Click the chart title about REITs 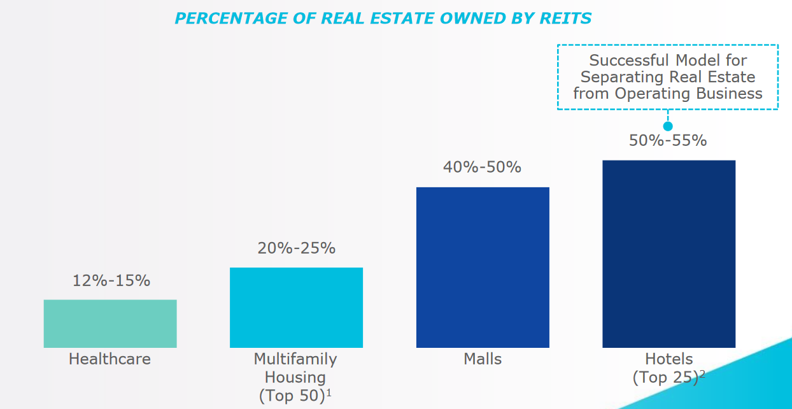coord(383,18)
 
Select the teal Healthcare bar coord(110,324)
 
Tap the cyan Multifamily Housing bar coord(296,307)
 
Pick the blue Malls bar coord(483,267)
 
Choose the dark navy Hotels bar coord(668,254)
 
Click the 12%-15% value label coord(110,280)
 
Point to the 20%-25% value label coord(296,248)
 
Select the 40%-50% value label coord(482,167)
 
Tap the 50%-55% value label coord(668,140)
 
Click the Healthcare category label coord(110,359)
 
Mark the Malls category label coord(483,359)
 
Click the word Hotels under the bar coord(668,359)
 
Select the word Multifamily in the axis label coord(295,359)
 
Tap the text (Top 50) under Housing coord(292,396)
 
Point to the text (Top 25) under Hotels coord(665,378)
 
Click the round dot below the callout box coord(668,126)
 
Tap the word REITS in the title coord(567,18)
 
